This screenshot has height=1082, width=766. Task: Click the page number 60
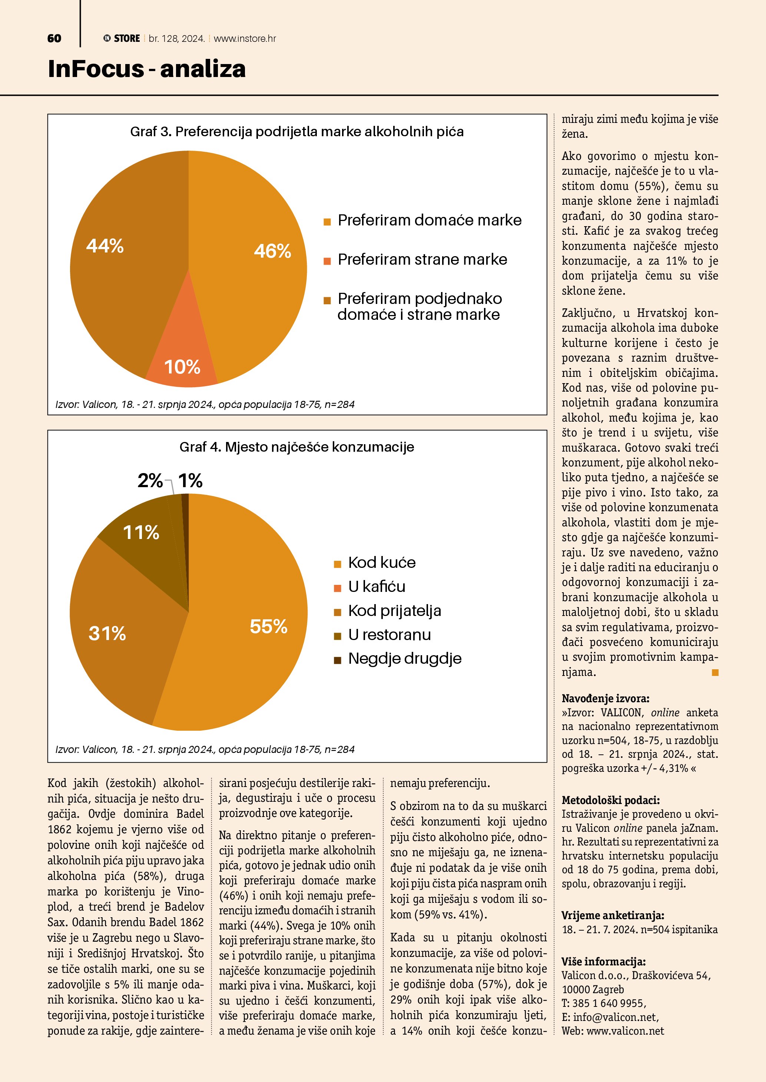54,38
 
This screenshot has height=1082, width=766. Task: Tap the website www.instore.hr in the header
245,38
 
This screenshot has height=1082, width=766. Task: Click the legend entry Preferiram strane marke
422,259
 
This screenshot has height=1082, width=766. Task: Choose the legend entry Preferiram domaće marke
429,220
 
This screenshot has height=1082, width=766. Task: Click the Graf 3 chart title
297,131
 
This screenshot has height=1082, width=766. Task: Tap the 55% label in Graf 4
268,626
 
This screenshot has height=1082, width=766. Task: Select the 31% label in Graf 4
107,633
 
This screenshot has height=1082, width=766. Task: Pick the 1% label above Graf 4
190,481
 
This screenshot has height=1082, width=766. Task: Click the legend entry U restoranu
389,635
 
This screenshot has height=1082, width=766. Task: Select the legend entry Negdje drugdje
404,659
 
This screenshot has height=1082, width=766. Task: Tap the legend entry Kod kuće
382,563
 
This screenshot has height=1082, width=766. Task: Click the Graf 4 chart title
297,447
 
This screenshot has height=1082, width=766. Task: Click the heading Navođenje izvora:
605,699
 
